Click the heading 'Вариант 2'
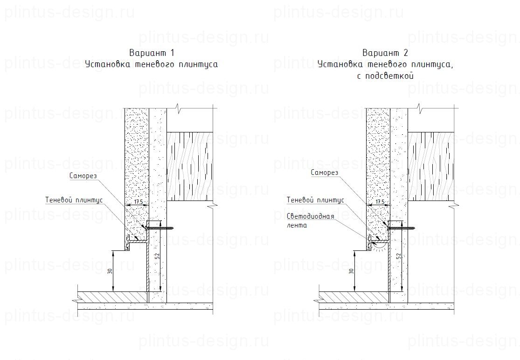pyautogui.click(x=385, y=52)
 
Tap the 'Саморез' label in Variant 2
pyautogui.click(x=325, y=173)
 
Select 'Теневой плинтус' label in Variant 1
pyautogui.click(x=74, y=200)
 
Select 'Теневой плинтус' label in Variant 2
pyautogui.click(x=315, y=200)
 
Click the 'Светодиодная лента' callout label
pyautogui.click(x=310, y=221)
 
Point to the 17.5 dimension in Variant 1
pyautogui.click(x=139, y=202)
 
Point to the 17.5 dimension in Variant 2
pyautogui.click(x=380, y=202)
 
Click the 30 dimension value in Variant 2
pyautogui.click(x=351, y=271)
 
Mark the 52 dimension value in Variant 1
pyautogui.click(x=157, y=256)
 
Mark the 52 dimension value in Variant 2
pyautogui.click(x=398, y=256)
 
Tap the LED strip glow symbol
pyautogui.click(x=380, y=245)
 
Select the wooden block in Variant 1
pyautogui.click(x=190, y=167)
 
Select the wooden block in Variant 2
pyautogui.click(x=431, y=167)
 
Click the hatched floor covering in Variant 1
pyautogui.click(x=112, y=297)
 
